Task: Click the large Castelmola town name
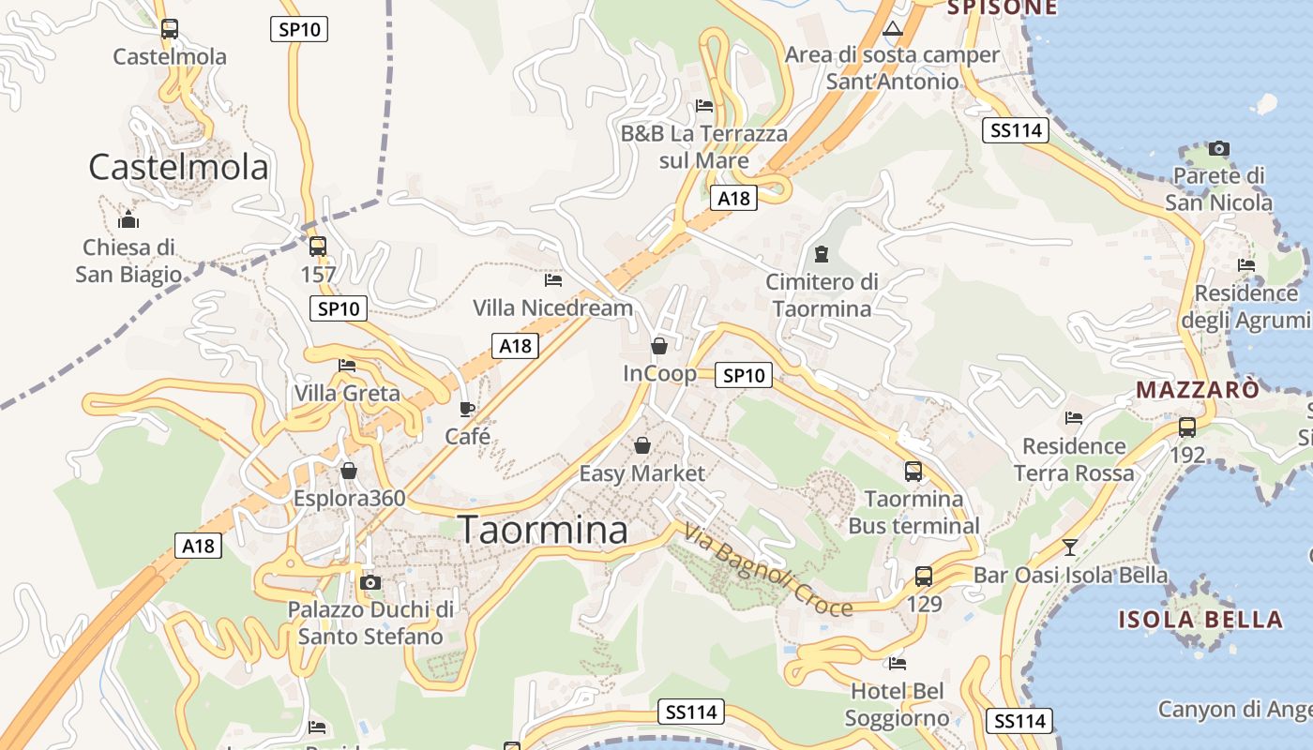178,167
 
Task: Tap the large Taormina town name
543,530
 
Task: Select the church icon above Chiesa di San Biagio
128,220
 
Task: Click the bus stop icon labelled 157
318,247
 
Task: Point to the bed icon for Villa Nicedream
553,279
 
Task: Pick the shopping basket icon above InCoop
659,346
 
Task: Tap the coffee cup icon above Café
467,409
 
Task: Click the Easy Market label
641,473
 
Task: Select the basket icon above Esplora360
349,471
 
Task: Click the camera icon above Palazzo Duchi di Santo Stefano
370,582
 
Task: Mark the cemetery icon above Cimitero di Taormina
822,253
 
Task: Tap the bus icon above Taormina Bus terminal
913,471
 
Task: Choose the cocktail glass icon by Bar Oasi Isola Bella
1070,547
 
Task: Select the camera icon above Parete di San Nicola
1219,148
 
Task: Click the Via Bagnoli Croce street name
768,572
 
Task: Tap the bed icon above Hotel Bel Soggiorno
898,664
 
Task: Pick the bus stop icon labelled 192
1187,427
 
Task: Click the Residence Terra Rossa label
1074,459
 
